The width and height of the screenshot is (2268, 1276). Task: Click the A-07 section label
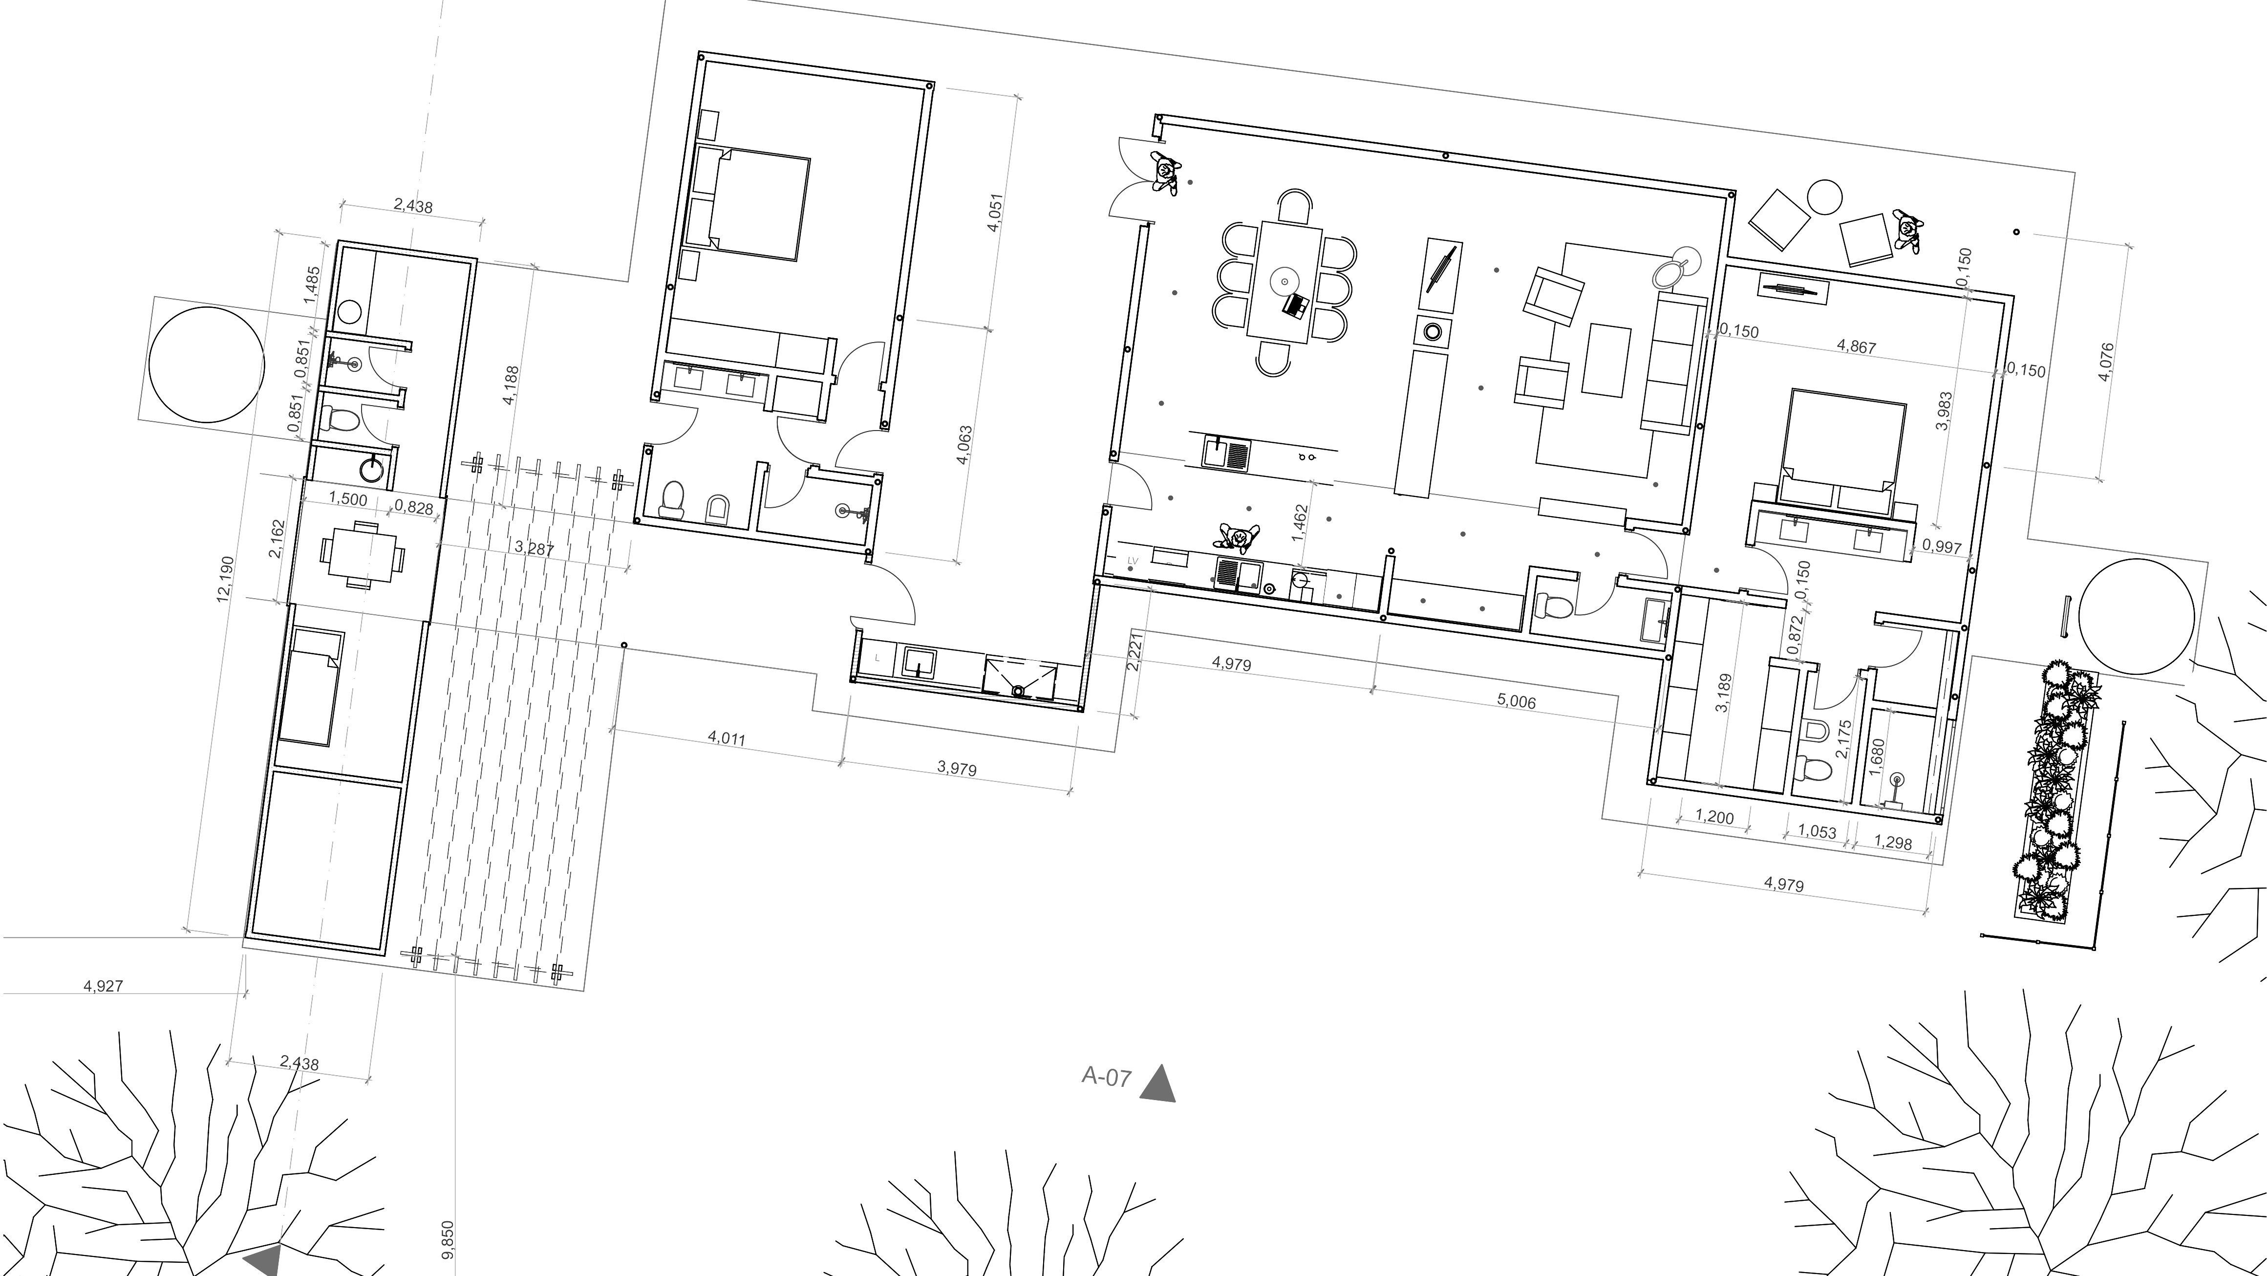(x=1106, y=1077)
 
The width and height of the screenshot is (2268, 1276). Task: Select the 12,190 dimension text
(x=225, y=578)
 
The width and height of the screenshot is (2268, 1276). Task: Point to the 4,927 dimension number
(x=103, y=986)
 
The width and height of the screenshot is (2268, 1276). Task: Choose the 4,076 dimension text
(x=2106, y=362)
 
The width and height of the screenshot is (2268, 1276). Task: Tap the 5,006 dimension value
(x=1516, y=701)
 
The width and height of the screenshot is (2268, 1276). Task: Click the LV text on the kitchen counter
(x=1133, y=559)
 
